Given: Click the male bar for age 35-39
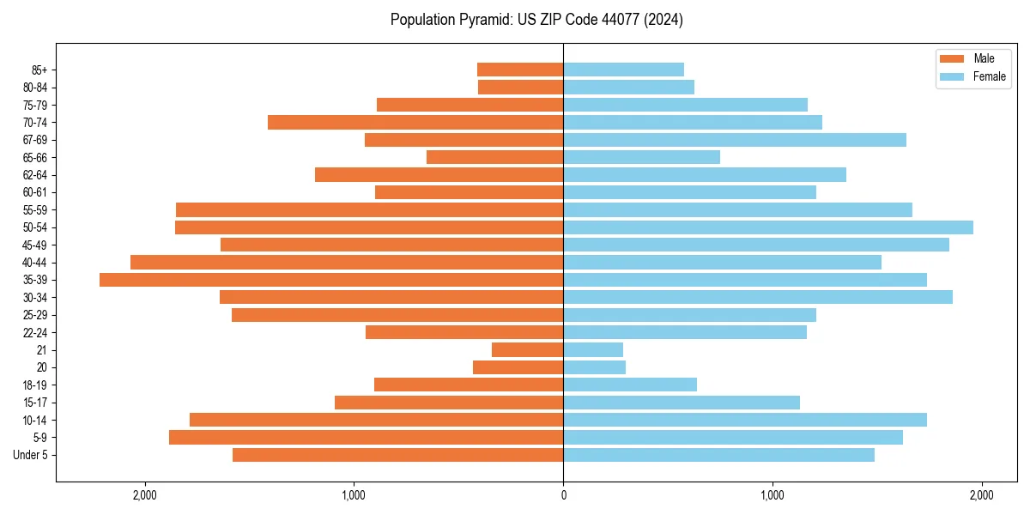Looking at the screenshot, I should click(x=331, y=280).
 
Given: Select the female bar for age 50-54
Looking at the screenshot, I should click(x=768, y=227).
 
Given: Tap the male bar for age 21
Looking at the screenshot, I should click(x=527, y=350).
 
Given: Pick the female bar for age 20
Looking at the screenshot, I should click(x=594, y=367).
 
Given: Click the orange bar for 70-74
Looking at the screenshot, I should click(x=415, y=123).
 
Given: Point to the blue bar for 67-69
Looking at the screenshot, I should click(x=735, y=140).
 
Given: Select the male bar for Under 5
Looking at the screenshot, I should click(x=397, y=455).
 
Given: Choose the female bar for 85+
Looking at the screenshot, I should click(x=623, y=70).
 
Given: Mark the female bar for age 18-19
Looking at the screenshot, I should click(x=630, y=385).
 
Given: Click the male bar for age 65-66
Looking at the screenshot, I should click(x=494, y=157).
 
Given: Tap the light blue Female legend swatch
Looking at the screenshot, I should click(x=953, y=76).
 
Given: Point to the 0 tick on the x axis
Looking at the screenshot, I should click(x=563, y=495).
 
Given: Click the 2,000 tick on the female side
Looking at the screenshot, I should click(x=981, y=495).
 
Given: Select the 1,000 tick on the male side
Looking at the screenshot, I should click(x=354, y=495).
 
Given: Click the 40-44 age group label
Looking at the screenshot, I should click(x=35, y=263).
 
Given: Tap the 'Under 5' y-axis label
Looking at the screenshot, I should click(x=31, y=455).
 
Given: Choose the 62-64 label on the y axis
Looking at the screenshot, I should click(x=35, y=175).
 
